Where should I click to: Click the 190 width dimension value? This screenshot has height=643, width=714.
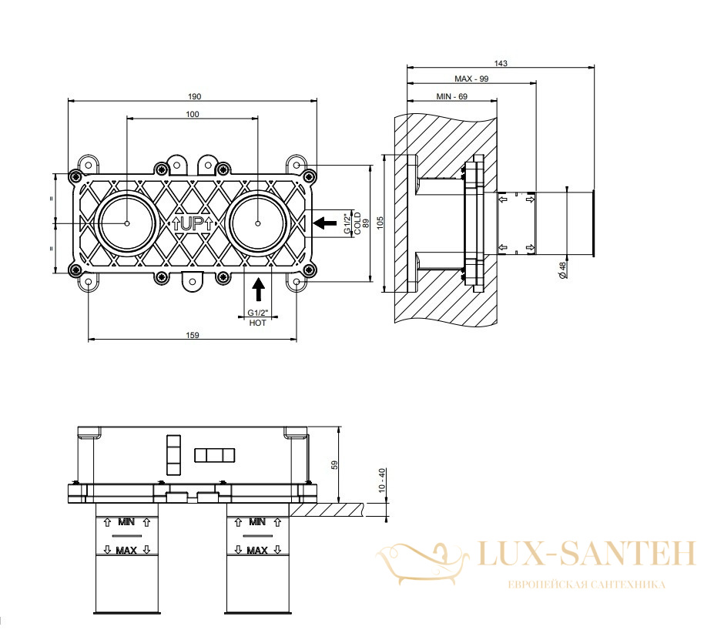(194, 96)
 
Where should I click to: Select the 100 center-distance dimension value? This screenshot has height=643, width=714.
(193, 114)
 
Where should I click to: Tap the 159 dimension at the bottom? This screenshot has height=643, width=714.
(193, 335)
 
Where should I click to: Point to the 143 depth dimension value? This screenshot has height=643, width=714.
(501, 63)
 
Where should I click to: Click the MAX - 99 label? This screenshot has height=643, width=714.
(471, 79)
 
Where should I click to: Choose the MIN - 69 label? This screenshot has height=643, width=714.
(451, 96)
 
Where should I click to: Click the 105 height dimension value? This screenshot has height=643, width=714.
(380, 223)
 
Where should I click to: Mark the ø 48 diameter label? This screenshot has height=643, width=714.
(563, 270)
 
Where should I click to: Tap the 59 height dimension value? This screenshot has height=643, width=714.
(335, 465)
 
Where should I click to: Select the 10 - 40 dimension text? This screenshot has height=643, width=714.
(382, 480)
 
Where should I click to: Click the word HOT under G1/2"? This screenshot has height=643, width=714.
(258, 323)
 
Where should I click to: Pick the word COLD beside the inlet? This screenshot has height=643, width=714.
(357, 223)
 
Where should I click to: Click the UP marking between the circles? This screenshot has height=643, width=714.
(193, 223)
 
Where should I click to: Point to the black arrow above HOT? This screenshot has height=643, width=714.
(259, 290)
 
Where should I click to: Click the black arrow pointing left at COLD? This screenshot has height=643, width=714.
(325, 223)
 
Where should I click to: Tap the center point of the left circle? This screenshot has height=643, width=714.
(127, 223)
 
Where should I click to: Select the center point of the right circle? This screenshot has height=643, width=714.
(258, 223)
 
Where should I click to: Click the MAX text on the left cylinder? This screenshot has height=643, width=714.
(126, 551)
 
